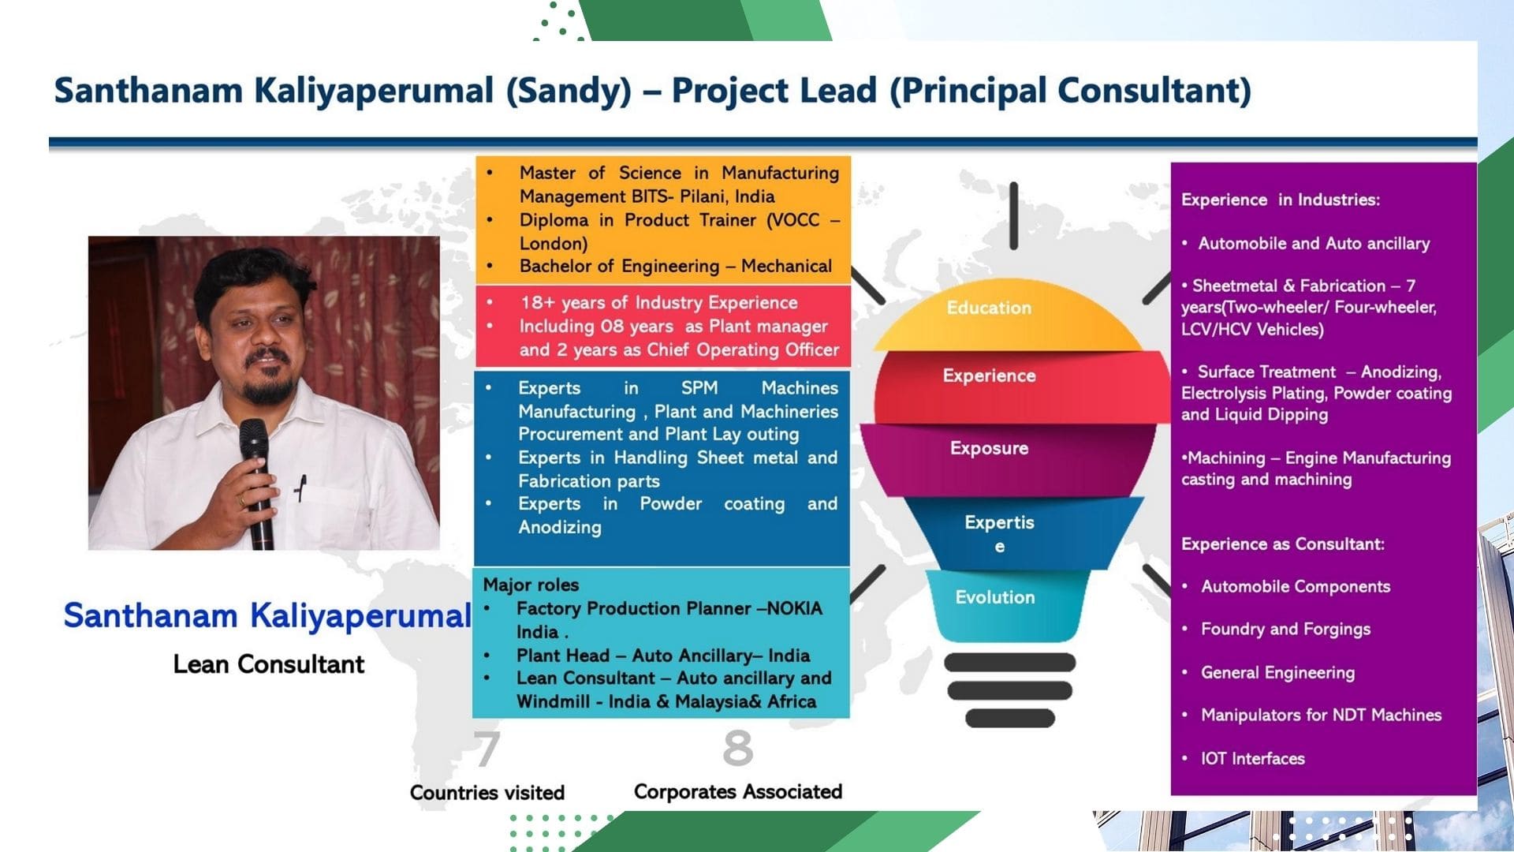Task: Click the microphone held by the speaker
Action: click(256, 481)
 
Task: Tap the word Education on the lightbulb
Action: click(989, 308)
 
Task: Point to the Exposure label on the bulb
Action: click(989, 448)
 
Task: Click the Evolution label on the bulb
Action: click(994, 597)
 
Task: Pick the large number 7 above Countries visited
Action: click(487, 748)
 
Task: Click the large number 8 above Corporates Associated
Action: click(738, 748)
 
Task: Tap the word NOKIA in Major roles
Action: click(795, 608)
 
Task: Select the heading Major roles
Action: click(531, 585)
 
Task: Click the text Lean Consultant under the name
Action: click(269, 664)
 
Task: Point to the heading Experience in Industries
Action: click(1281, 200)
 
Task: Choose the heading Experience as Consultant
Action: click(1283, 544)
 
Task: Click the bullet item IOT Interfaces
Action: click(1253, 758)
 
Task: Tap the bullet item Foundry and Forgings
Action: click(1285, 629)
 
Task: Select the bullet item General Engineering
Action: click(1277, 672)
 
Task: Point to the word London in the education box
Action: click(551, 243)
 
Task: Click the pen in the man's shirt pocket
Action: click(300, 488)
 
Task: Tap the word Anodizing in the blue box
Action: click(559, 527)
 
